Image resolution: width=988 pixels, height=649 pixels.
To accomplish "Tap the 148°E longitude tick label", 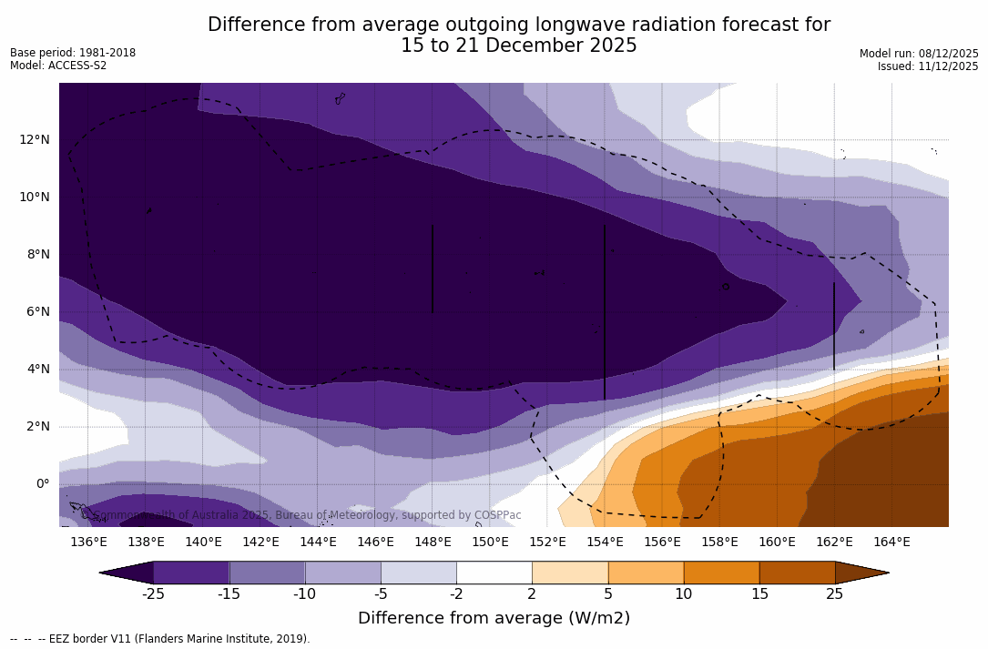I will (x=433, y=542).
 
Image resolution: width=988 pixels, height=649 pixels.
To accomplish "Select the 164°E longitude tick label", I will (x=891, y=542).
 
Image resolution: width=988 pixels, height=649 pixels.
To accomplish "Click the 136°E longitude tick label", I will (x=88, y=542).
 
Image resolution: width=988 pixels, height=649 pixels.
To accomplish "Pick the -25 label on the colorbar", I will (x=153, y=594).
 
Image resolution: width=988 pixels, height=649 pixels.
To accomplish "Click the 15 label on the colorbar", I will (x=759, y=594).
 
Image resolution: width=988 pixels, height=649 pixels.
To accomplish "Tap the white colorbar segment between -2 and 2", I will (x=494, y=573).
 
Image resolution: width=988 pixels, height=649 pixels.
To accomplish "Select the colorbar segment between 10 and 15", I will (x=721, y=573).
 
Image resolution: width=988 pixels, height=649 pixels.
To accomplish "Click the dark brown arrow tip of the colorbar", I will (x=865, y=573).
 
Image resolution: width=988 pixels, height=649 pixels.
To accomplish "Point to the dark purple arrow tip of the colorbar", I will (x=124, y=573).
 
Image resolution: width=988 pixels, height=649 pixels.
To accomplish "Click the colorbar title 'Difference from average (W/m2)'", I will (x=494, y=618).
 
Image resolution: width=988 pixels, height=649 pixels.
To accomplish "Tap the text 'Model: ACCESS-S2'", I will (x=58, y=66).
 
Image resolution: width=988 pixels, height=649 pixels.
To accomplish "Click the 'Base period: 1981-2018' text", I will (x=73, y=53).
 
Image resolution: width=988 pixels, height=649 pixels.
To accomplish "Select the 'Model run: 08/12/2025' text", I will (x=919, y=54).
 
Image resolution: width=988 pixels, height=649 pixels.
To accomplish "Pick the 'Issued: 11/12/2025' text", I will (x=928, y=66).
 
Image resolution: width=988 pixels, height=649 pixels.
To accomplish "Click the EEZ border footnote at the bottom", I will (x=160, y=639).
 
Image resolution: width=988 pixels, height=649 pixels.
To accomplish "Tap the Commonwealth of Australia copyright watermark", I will (x=301, y=515).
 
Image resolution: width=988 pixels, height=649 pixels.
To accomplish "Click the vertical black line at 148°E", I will (x=433, y=269).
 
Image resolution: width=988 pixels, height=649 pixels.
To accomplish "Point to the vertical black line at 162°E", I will (x=834, y=326).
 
